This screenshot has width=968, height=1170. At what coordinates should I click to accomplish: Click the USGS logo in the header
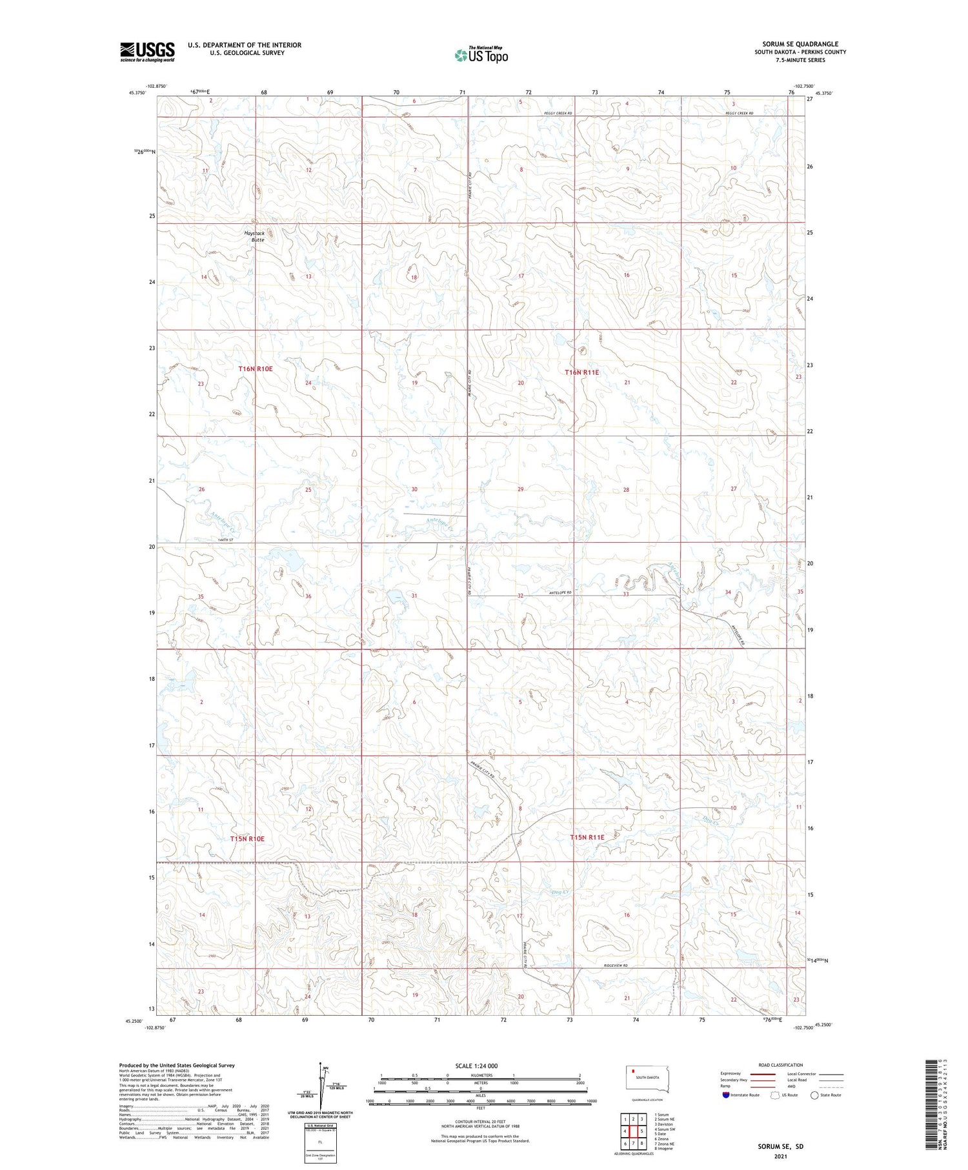tap(147, 52)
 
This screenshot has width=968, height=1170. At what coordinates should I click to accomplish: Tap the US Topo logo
tap(481, 55)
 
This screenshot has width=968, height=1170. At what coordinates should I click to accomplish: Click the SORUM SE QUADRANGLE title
tap(800, 45)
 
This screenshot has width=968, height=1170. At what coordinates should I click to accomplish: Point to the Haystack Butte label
tap(254, 236)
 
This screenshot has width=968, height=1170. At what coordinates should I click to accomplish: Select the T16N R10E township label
tap(256, 368)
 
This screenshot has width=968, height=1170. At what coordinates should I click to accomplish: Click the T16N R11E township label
tap(582, 372)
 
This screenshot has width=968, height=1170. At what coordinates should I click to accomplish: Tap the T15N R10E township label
tap(247, 839)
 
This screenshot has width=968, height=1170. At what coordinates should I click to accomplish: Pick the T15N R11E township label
tap(587, 837)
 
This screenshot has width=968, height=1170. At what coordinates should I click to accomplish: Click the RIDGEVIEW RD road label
tap(607, 965)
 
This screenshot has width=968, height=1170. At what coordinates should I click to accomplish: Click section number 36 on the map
tap(308, 596)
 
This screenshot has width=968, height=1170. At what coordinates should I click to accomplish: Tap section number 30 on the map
tap(414, 490)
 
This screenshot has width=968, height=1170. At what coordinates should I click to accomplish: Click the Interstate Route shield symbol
tap(726, 1095)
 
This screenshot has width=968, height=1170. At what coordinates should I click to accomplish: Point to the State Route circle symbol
tap(815, 1095)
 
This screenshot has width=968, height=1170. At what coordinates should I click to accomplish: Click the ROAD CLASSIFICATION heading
tap(781, 1065)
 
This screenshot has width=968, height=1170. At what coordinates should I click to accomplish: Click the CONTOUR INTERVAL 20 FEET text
tap(480, 1122)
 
